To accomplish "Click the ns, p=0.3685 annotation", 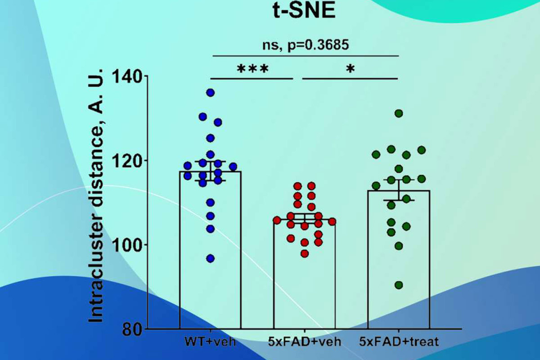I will point(306,45).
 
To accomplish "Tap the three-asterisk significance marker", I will point(252,69).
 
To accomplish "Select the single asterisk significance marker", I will point(350,69).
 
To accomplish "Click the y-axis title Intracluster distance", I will point(96,196).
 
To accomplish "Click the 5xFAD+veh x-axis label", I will point(305,341).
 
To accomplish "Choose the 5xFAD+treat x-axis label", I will point(399,341).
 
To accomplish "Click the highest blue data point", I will point(210,93).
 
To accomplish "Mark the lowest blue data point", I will point(210,258).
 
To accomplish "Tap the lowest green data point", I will point(399,285).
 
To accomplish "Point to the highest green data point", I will point(399,113).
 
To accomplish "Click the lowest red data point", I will point(305,254).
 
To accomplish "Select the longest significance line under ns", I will point(306,56).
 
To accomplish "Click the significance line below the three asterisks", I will point(252,78).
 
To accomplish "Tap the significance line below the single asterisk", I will point(351,78).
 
